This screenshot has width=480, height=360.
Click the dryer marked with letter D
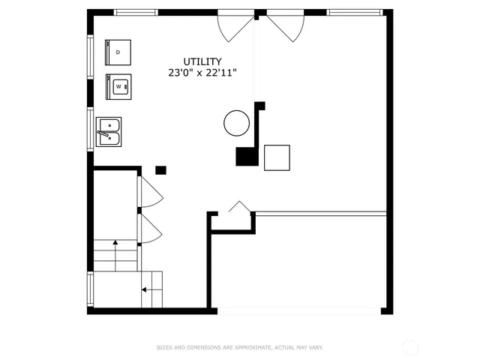118,52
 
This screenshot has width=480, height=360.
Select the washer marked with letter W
118,87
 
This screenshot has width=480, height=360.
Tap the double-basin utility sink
109,131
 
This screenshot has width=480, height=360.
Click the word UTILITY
202,61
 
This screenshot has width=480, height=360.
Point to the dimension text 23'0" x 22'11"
202,73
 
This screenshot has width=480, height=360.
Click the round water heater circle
236,122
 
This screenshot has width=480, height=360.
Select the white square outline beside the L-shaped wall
277,157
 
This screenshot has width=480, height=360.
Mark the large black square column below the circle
245,156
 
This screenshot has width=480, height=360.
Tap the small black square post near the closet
160,170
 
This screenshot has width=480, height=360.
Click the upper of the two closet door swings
150,193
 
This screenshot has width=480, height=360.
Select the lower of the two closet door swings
150,229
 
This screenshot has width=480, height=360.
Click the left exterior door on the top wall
235,26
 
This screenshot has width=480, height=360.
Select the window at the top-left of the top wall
136,12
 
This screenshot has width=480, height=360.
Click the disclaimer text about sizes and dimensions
239,347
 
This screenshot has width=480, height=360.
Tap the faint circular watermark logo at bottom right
410,347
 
